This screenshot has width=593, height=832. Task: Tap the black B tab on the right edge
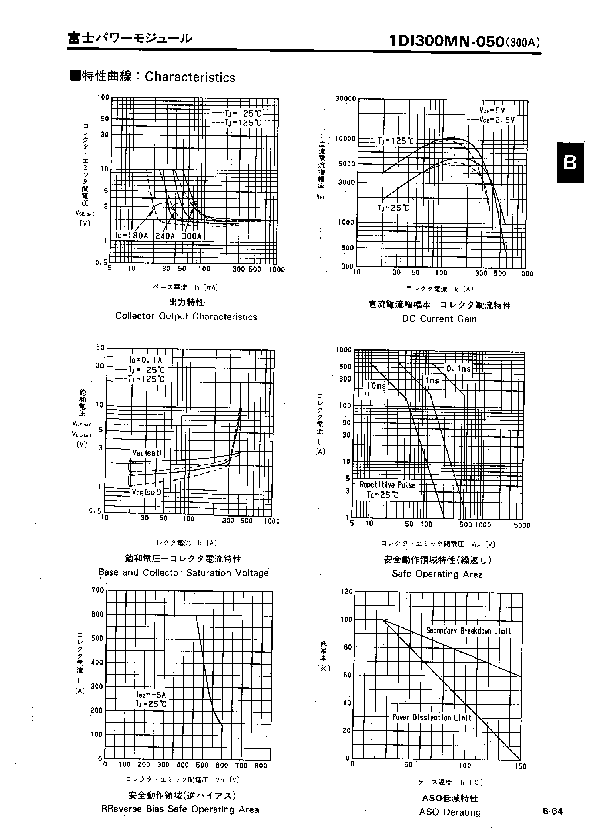pos(570,163)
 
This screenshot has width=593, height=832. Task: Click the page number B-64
pos(553,811)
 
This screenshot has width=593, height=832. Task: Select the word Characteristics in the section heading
pos(190,77)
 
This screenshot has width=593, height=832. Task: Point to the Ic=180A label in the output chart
pos(132,236)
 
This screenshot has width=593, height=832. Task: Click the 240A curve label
pos(165,236)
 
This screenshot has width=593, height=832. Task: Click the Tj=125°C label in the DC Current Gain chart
pos(395,141)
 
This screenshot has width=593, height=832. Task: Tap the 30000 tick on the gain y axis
pos(345,99)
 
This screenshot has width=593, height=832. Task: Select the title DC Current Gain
pos(439,319)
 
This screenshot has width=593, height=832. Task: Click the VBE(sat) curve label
pos(147,453)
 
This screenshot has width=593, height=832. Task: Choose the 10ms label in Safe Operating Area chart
pos(376,386)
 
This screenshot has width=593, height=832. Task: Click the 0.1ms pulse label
pos(459,369)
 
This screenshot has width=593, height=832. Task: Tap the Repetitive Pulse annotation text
pos(387,485)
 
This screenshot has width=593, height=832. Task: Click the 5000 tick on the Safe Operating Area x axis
pos(522,525)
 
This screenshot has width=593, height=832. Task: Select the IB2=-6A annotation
pos(151,695)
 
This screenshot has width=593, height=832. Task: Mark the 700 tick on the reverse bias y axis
pos(98,590)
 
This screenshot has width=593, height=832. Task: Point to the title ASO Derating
pos(450,812)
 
